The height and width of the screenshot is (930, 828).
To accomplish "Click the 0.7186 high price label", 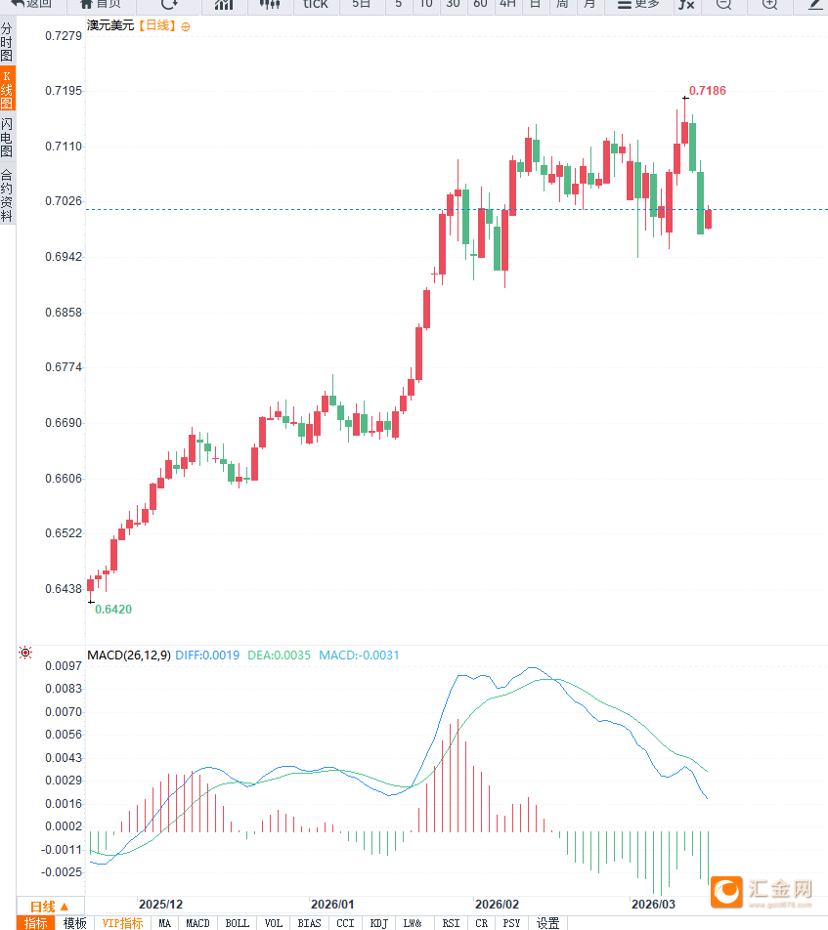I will [708, 91].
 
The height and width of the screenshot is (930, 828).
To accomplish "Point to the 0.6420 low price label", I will [113, 609].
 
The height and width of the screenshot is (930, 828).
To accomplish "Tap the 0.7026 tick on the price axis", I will [64, 201].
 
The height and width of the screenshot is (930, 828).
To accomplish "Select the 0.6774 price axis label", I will [64, 368].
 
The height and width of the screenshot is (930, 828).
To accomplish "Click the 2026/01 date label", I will [332, 905].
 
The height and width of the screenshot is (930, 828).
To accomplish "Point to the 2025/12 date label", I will [160, 905].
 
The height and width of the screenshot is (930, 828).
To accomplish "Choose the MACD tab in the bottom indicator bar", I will [197, 923].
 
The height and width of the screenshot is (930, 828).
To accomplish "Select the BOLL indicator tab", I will [237, 923].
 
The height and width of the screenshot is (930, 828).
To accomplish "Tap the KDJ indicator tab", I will [378, 923].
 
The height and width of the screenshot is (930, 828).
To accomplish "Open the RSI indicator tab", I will [451, 923].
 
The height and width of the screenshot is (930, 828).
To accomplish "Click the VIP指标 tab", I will [122, 923].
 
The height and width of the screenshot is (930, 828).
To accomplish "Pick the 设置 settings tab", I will [547, 923].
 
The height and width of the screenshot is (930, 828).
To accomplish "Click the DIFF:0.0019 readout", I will [208, 655].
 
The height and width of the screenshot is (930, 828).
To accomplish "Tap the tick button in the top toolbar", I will [316, 5].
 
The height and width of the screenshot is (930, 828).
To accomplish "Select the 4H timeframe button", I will [507, 5].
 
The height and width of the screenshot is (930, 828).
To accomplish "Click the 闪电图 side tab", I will [7, 138].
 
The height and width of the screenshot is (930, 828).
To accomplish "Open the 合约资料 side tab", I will [7, 195].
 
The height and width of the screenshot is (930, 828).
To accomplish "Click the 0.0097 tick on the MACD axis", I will [64, 666].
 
